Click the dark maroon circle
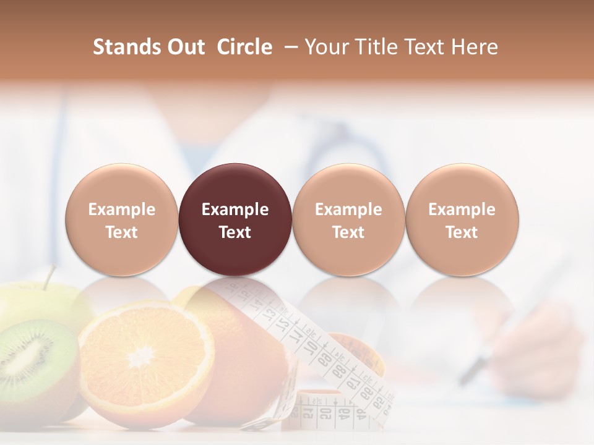click(235, 219)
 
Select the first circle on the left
click(122, 219)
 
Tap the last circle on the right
click(462, 219)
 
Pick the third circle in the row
click(348, 219)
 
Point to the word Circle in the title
click(244, 47)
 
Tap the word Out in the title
click(184, 47)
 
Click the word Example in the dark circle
click(235, 210)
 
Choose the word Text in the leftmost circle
click(122, 232)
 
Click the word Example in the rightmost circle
click(462, 210)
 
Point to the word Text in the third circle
click(348, 232)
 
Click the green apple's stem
click(48, 276)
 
